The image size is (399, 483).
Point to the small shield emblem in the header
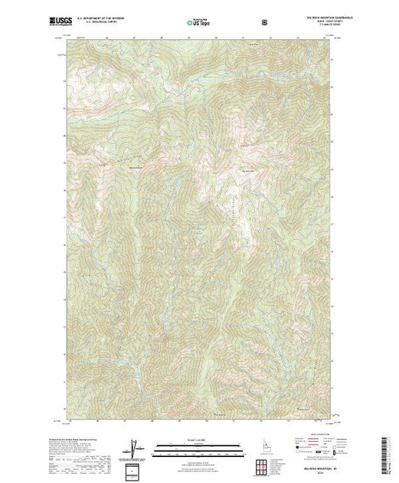[x=264, y=21]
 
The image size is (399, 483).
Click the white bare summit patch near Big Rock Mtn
[x=245, y=222]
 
